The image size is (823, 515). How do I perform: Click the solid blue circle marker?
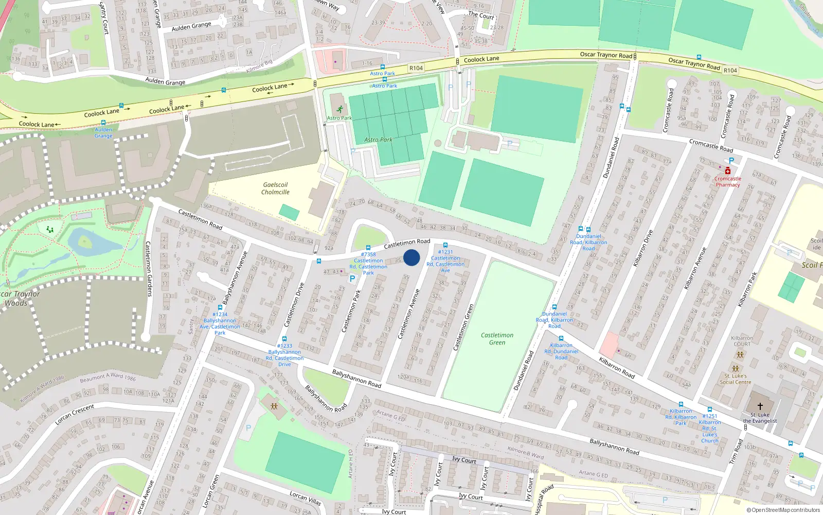point(411,257)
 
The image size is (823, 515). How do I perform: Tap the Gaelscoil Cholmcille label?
point(275,188)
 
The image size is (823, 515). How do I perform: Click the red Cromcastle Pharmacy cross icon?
point(727,170)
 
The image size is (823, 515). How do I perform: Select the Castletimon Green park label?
point(497,339)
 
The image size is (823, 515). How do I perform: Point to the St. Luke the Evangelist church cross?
point(760,406)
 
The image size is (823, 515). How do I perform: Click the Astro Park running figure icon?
point(339,109)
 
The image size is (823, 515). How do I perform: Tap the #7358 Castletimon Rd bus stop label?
point(368,263)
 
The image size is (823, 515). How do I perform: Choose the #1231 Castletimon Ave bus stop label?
point(445,261)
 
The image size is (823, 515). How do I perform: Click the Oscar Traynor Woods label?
point(19,299)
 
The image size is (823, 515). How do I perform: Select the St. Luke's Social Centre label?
point(735,379)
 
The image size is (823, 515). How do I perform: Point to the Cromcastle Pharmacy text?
point(727,182)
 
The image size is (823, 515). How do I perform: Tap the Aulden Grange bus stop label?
point(103,133)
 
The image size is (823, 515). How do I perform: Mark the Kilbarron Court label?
point(742,341)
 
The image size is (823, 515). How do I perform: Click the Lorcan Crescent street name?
point(75,414)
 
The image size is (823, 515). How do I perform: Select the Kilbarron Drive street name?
point(642,248)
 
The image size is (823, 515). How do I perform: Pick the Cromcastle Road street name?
point(711,146)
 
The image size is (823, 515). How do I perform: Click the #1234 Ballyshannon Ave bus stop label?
point(220,323)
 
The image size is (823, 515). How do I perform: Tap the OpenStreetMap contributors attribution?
point(783,510)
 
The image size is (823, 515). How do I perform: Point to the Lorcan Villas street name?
point(305,498)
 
